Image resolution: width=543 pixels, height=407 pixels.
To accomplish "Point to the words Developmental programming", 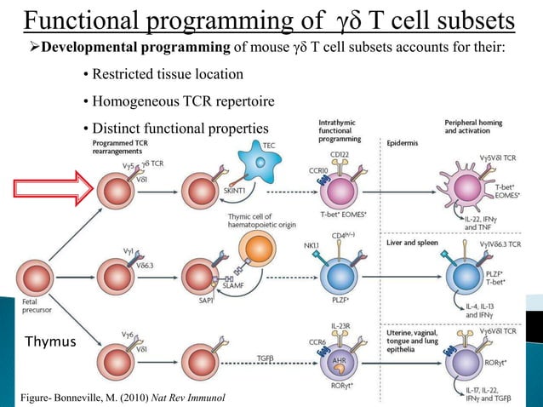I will (117, 46).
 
